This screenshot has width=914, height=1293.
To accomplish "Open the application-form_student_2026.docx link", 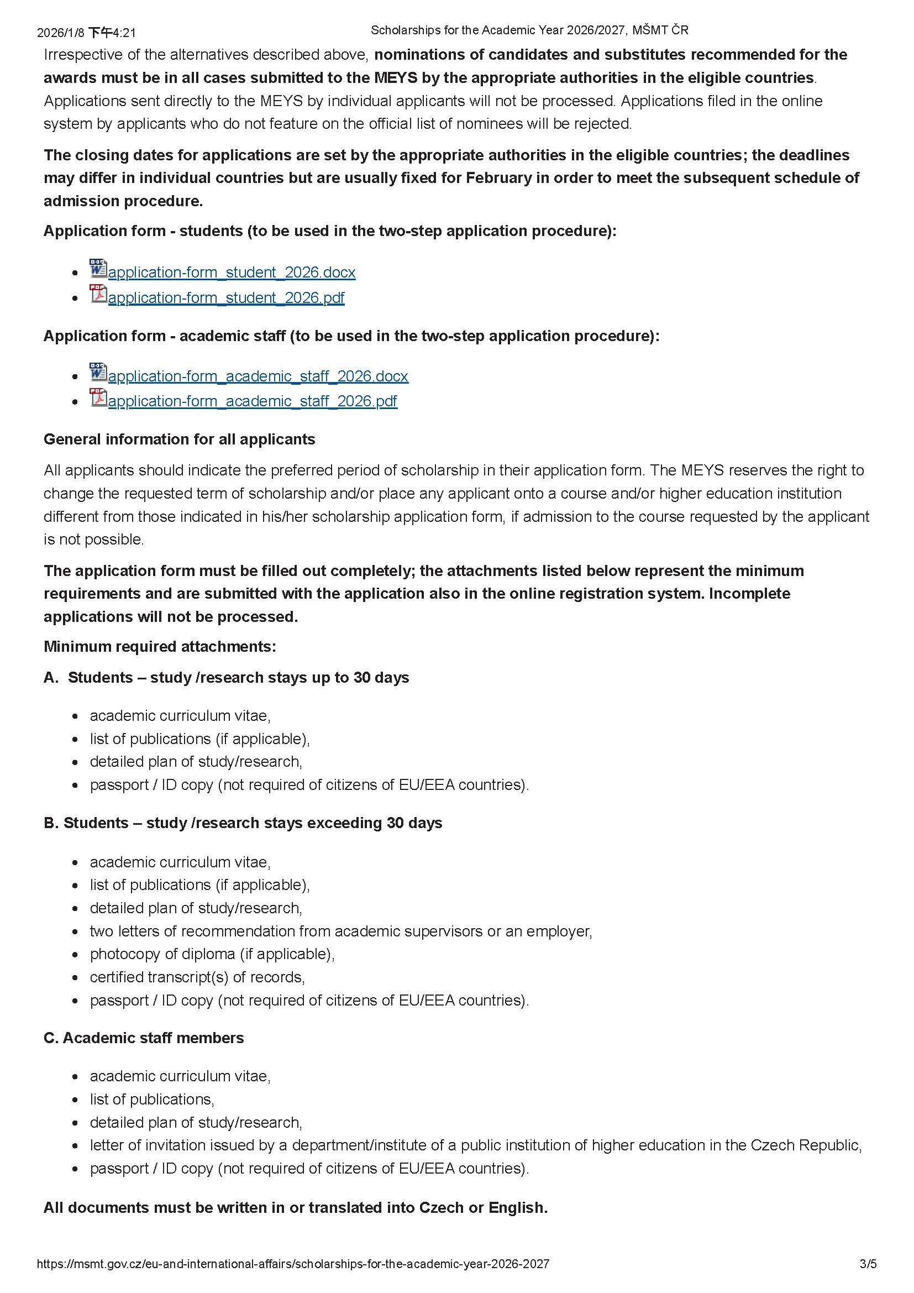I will (232, 273).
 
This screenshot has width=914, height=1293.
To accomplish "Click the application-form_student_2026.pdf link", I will (225, 298).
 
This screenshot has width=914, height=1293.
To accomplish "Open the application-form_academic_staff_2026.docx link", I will (258, 376).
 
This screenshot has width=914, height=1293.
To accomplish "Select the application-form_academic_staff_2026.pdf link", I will (252, 401).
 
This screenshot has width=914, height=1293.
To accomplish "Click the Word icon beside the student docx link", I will (98, 269).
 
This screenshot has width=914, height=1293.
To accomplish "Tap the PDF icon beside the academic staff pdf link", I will (98, 397).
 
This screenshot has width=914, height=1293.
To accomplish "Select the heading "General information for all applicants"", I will (179, 439).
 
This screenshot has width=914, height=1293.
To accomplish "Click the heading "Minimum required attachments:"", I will (160, 647).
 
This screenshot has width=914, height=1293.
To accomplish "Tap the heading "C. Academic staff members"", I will (144, 1038).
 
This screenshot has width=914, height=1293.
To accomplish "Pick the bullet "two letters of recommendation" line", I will (340, 931).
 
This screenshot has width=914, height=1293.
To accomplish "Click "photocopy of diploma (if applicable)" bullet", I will (212, 954).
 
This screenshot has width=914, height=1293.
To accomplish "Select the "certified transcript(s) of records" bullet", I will (197, 977).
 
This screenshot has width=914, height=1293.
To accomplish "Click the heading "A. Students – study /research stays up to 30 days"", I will (226, 678).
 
